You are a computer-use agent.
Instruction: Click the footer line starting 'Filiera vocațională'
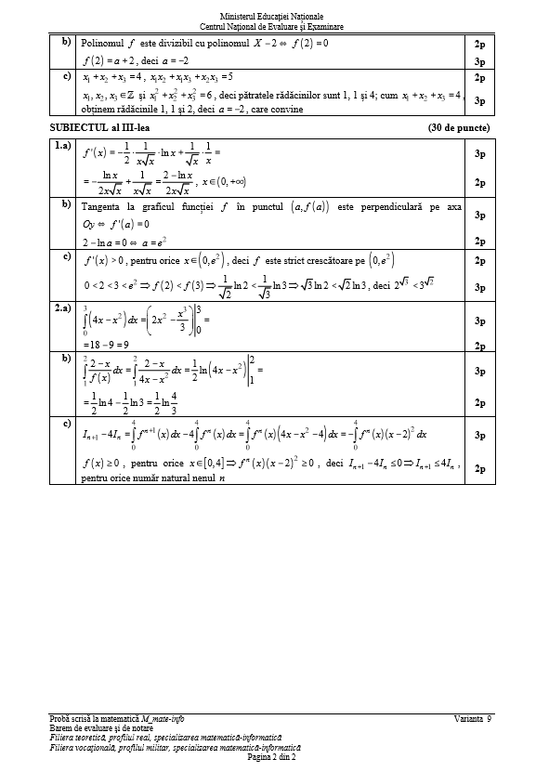(x=176, y=747)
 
